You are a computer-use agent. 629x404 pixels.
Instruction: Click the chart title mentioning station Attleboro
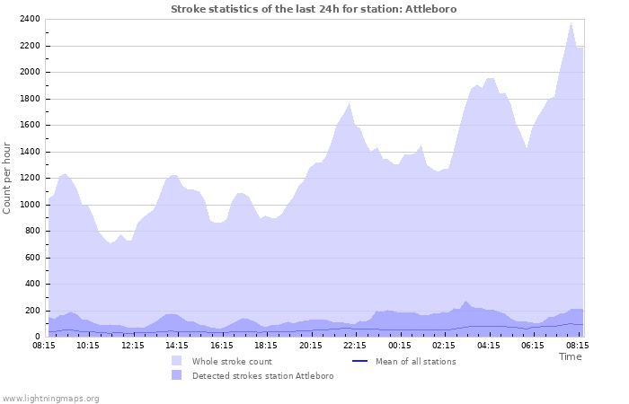314,9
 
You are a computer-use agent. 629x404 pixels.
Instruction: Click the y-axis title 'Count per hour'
8,178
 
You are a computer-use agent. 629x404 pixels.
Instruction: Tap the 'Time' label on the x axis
570,356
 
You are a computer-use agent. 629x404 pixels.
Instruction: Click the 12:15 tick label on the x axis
133,344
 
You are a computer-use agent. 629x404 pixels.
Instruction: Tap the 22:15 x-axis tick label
355,344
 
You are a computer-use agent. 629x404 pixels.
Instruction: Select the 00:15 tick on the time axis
399,344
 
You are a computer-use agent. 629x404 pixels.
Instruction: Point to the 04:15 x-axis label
488,344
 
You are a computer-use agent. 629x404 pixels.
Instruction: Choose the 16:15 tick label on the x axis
222,344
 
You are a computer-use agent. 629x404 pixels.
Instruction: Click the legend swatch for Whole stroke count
176,361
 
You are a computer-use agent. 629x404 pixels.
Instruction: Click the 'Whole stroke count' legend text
232,361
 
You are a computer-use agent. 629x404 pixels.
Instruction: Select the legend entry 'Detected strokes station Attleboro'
262,375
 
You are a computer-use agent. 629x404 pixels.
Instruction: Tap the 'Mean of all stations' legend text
414,361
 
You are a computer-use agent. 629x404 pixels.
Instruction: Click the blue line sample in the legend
359,361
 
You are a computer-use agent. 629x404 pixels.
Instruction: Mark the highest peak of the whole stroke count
571,22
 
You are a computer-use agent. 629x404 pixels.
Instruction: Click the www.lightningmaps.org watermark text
50,398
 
